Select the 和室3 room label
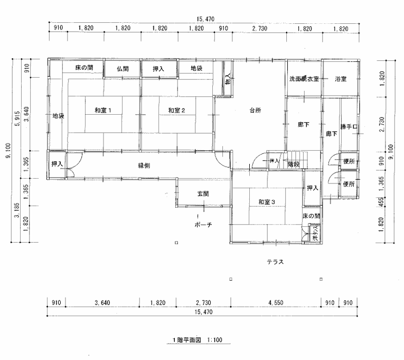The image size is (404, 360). point(267,201)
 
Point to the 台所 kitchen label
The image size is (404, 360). point(255,110)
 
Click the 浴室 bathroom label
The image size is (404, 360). point(341,79)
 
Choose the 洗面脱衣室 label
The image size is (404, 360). point(304,79)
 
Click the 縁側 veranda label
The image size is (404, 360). point(144,165)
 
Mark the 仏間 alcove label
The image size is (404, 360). point(123,69)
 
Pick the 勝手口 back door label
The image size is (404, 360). point(349,127)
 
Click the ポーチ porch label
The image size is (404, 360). point(203,225)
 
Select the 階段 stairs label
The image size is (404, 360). point(294,164)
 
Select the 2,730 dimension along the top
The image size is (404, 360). point(259,27)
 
